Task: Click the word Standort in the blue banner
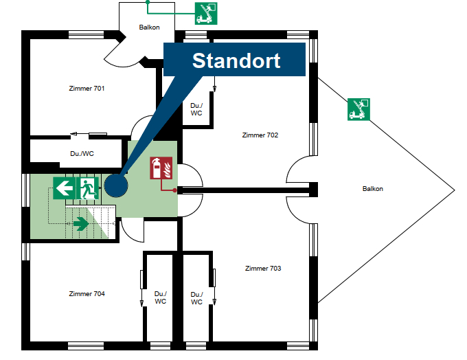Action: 236,60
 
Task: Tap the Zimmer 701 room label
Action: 87,89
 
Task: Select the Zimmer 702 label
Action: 260,135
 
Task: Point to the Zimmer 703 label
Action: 263,268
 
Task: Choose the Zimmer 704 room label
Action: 87,294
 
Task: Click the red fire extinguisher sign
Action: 161,168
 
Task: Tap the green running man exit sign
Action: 88,188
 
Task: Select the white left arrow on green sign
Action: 65,188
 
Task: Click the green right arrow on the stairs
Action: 81,223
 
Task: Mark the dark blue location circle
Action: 116,185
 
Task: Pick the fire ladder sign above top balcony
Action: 206,14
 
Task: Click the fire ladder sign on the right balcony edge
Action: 359,109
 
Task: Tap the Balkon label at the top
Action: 149,27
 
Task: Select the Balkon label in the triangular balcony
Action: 373,189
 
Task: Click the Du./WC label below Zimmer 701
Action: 82,154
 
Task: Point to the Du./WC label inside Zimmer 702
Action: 196,109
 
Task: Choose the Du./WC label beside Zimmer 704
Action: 161,297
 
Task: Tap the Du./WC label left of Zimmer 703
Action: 196,298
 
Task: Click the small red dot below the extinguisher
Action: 174,190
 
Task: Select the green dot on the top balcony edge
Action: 148,2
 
